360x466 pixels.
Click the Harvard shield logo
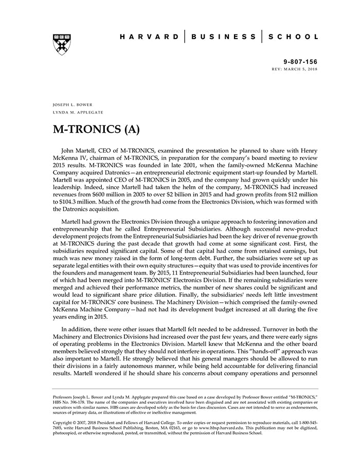coord(62,45)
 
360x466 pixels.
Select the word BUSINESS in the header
coord(223,37)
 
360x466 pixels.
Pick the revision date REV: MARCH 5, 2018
coord(295,68)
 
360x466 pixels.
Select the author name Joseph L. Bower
coord(73,104)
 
